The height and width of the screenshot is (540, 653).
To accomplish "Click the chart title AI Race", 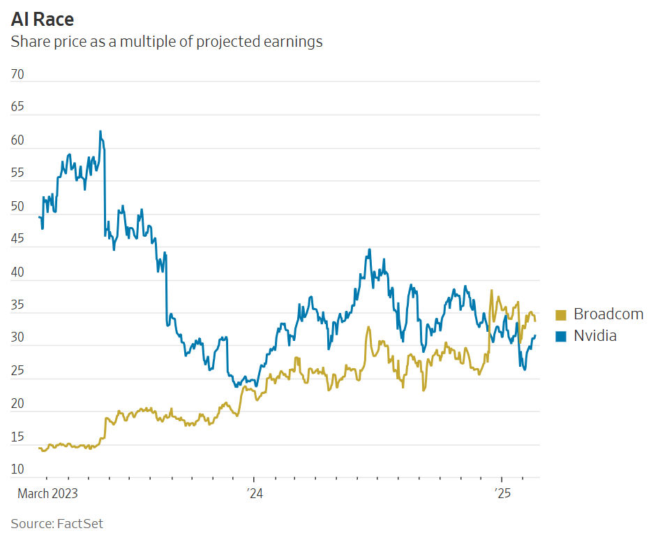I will tap(43, 19).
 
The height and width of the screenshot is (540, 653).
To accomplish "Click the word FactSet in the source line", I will tap(80, 523).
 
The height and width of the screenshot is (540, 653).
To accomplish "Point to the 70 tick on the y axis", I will tap(18, 74).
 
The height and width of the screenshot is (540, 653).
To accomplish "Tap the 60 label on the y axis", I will tap(18, 140).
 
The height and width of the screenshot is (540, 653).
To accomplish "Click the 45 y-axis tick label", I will tap(18, 239).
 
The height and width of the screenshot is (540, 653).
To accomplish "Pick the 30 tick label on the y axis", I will tap(18, 337).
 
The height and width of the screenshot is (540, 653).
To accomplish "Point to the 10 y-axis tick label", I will tap(18, 469).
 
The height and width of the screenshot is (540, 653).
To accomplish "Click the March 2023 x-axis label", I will tap(47, 494).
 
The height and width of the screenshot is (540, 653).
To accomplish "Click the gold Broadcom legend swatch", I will tap(561, 314).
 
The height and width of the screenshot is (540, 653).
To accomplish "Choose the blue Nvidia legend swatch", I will tap(561, 336).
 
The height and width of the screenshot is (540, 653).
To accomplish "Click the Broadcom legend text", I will tap(608, 314).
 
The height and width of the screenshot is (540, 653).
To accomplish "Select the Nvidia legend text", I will tap(595, 336).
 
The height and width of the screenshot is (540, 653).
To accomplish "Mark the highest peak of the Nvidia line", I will tap(100, 131).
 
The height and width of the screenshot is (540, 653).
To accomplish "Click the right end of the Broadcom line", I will tap(535, 321).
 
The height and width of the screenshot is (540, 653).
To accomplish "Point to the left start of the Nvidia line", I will tap(39, 217).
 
